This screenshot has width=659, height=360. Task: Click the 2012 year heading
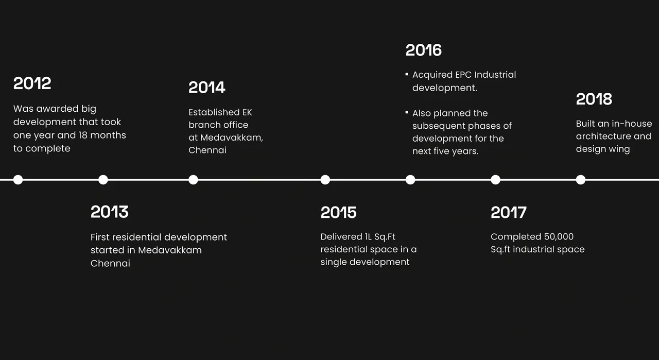coord(32,83)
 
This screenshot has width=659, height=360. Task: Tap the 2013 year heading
coord(110,212)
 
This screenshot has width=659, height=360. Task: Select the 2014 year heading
coord(207,88)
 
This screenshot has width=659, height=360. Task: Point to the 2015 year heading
coord(338,212)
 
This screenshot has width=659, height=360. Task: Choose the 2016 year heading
coord(424,50)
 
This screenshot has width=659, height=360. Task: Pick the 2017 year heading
coord(509,212)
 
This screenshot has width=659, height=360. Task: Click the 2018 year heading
coord(594,99)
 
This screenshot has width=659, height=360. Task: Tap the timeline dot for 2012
coord(18,180)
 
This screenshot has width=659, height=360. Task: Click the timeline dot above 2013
coord(103,180)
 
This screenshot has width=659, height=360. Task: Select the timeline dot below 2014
coord(193,180)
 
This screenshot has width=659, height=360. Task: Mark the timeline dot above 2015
coord(325,180)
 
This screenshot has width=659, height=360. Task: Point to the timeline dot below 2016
coord(410,180)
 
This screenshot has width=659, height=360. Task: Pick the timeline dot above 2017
coord(495,180)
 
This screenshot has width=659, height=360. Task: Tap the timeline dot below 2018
coord(581,180)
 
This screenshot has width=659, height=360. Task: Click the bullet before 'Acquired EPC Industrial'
coord(407,74)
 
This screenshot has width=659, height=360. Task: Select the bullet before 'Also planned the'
coord(407,112)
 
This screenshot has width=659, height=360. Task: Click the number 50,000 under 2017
coord(559,237)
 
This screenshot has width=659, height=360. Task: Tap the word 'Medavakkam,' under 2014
coord(232,138)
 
